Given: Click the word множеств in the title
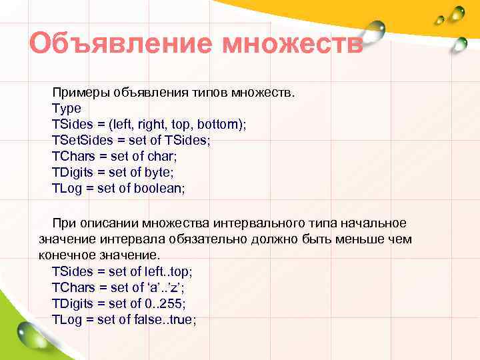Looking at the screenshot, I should coord(293,45).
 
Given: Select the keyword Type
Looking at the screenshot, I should coord(66,108).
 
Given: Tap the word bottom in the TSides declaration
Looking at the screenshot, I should coord(223,124).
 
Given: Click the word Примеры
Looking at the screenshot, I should coord(79,92).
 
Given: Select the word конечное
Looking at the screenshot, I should coord(67,255).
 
